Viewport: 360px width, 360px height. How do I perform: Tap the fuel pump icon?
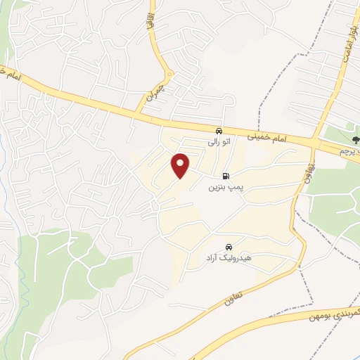click(225, 176)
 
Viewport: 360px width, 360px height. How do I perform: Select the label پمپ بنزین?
click(224, 188)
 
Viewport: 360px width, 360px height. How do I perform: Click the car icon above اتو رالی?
click(219, 131)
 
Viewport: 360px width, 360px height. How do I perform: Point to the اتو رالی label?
click(219, 142)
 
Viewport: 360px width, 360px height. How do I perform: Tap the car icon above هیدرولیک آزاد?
click(228, 247)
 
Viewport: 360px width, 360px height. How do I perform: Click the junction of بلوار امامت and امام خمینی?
click(321, 141)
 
